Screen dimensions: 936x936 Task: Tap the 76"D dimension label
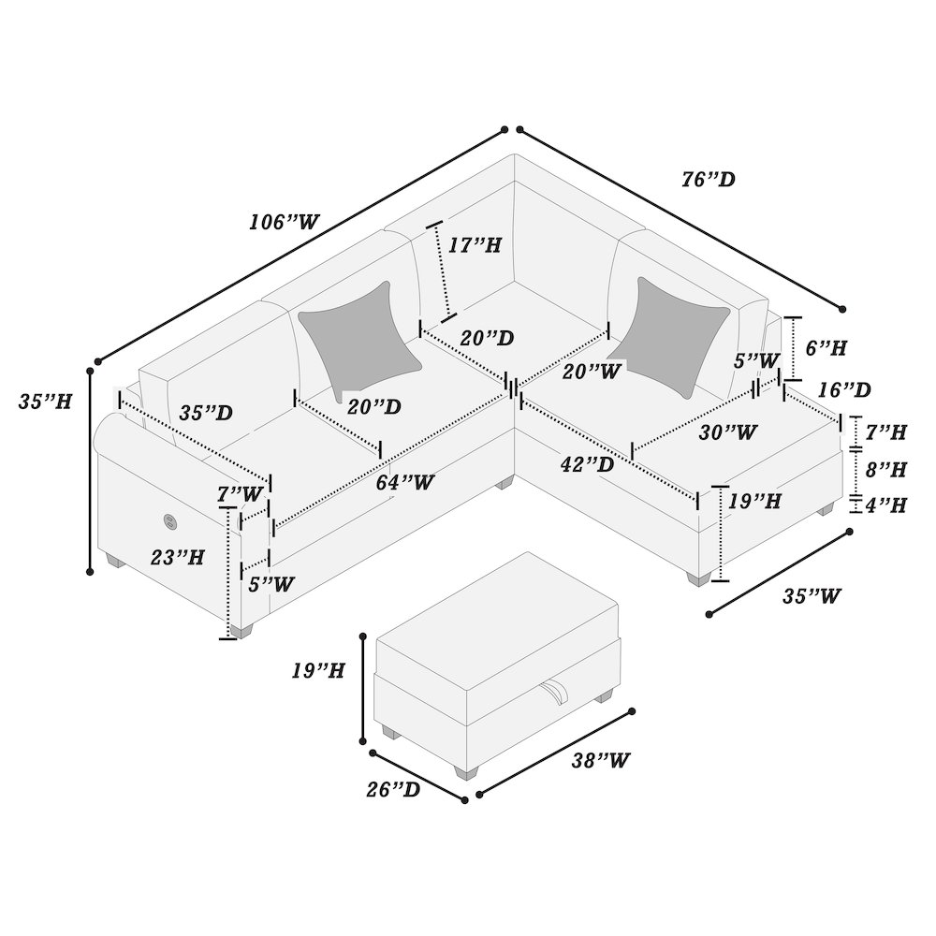[x=708, y=179]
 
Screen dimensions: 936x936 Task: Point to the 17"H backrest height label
[x=475, y=246]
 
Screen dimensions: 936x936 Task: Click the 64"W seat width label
[x=405, y=483]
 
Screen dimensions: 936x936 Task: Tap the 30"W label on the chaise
[x=728, y=432]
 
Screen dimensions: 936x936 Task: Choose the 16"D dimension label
[x=842, y=389]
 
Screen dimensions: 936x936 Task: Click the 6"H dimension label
[x=826, y=348]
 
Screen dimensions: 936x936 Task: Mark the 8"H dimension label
[x=884, y=468]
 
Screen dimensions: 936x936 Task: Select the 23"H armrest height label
[x=178, y=559]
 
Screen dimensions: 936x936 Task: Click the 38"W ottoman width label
[x=599, y=760]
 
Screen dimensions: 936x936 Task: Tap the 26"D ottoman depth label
[x=393, y=790]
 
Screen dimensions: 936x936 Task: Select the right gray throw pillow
[x=674, y=329]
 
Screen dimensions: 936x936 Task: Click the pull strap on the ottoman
[x=556, y=695]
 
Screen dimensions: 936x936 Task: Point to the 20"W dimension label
[x=592, y=371]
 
